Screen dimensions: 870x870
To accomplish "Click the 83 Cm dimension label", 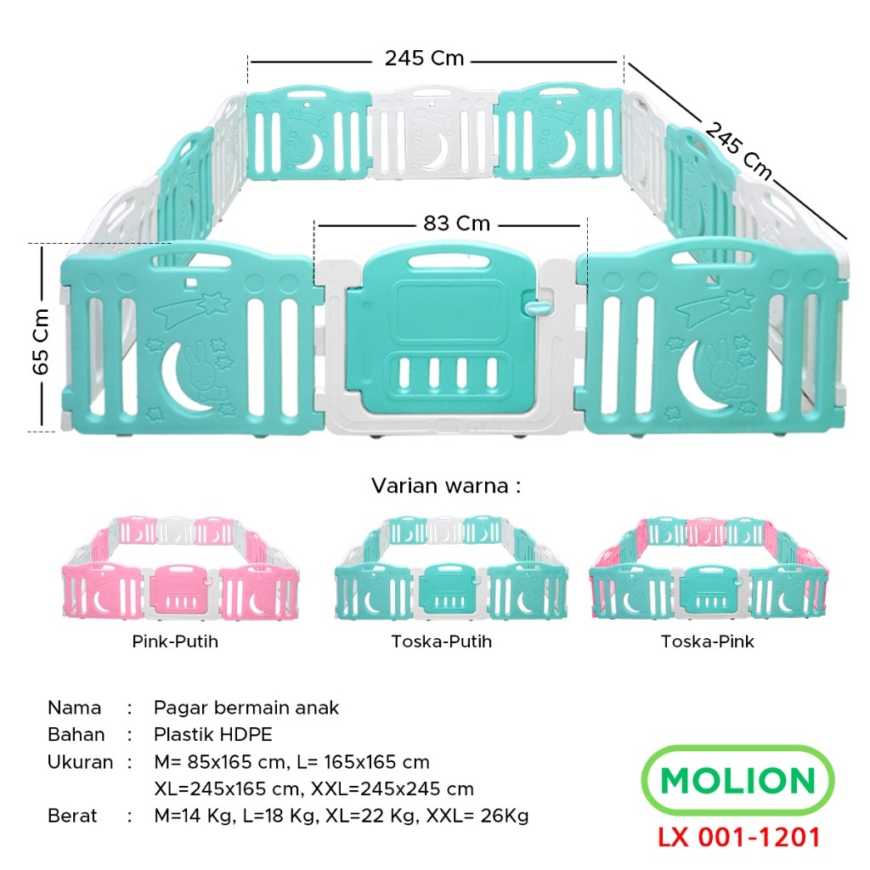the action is click(456, 223).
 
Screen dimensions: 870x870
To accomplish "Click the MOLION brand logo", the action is click(737, 781).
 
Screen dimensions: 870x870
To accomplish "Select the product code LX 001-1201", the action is click(738, 837).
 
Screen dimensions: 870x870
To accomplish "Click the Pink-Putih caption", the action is click(175, 641).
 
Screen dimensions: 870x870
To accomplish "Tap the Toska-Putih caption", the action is click(441, 641).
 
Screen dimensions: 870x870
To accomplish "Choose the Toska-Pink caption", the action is click(707, 641).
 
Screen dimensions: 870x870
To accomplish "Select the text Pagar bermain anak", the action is click(246, 708).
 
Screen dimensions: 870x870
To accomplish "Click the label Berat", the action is click(72, 816).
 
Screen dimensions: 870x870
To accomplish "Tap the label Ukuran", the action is click(80, 762).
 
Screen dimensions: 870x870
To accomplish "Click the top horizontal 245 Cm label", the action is click(424, 59).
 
